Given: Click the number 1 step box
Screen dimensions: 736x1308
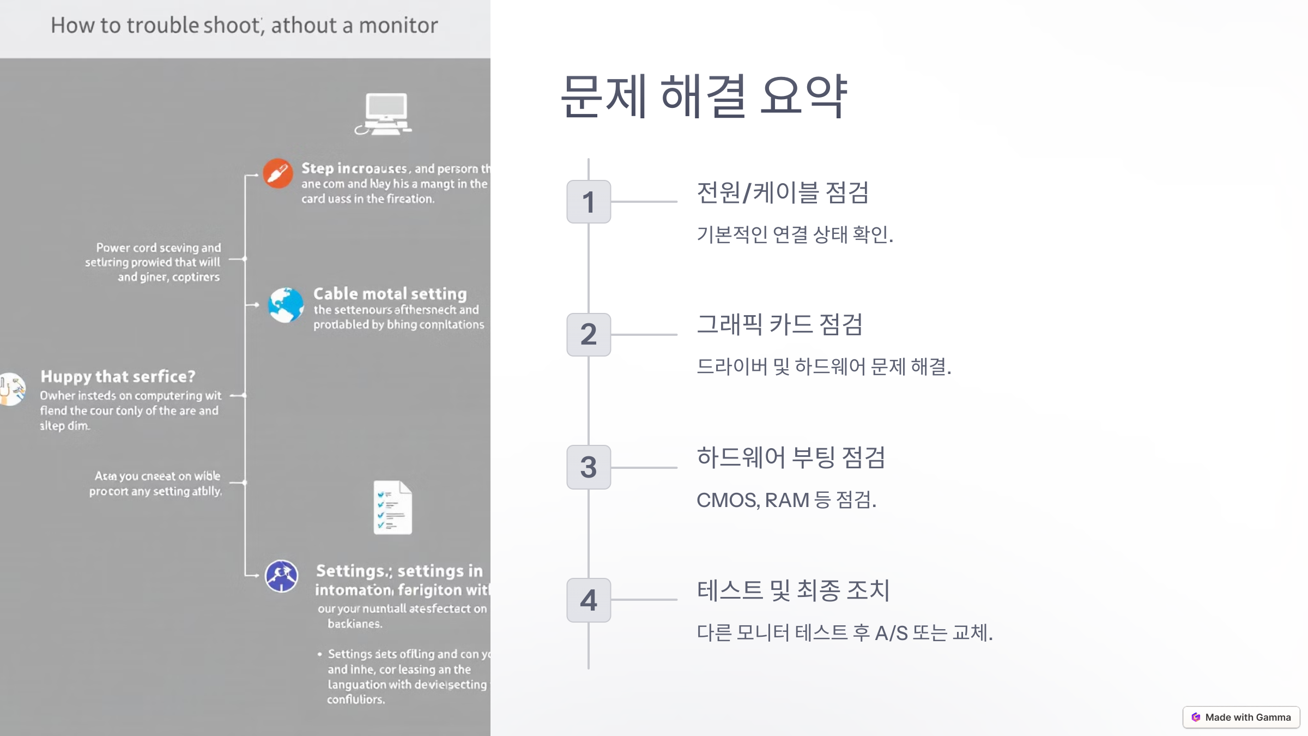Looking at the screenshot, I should [x=589, y=202].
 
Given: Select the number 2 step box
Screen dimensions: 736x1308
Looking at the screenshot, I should [x=589, y=334].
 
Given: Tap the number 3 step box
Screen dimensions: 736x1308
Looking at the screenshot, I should [x=589, y=467].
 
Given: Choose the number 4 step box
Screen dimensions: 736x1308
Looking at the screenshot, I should [x=589, y=600].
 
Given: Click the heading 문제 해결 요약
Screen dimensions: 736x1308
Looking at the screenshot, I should [x=704, y=96].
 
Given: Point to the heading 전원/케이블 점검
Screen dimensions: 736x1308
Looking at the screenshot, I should [x=783, y=192].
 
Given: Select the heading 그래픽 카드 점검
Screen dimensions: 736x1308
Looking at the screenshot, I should [x=780, y=325].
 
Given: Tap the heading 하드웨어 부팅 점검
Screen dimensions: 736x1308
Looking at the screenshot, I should [x=791, y=457].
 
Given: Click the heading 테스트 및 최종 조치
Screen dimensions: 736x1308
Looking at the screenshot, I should [x=794, y=590].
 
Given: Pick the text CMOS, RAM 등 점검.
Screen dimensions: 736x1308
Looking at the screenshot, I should [x=786, y=500].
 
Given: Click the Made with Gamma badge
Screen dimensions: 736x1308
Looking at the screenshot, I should [x=1241, y=717].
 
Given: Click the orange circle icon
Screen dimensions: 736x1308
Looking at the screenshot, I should [x=278, y=173].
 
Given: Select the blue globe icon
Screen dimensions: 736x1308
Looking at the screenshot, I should [x=286, y=305].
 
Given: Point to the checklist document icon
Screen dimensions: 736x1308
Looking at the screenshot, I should [x=392, y=507].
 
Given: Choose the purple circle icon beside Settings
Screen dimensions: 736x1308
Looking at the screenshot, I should [x=281, y=576].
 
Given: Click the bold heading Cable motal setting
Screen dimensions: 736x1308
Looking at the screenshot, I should [x=390, y=294].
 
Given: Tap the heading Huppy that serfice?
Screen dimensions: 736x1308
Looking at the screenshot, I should [x=118, y=377].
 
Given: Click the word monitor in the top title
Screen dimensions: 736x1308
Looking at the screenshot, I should [x=398, y=26].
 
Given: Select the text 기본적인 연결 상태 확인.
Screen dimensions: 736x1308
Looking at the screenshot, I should [x=795, y=234].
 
